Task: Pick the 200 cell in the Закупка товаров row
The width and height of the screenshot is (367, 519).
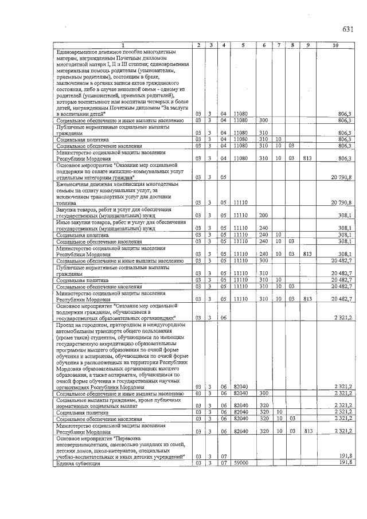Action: coord(264,215)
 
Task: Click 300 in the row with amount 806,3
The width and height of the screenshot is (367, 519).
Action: coord(264,120)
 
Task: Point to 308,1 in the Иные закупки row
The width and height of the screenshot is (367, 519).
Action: coord(343,228)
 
